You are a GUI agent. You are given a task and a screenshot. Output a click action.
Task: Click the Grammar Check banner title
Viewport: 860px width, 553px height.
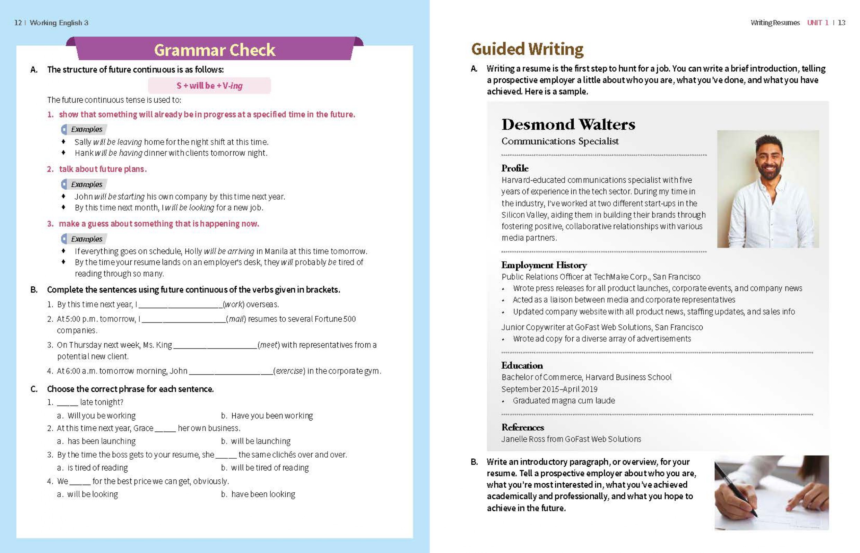point(215,50)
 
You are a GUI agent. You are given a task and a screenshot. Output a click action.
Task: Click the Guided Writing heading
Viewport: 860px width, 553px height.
point(527,49)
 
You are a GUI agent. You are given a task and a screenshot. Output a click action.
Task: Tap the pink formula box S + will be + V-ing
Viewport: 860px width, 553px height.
point(209,85)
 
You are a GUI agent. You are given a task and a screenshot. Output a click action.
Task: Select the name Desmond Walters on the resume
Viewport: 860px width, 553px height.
point(568,124)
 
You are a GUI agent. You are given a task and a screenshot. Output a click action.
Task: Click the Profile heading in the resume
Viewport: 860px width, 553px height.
point(515,168)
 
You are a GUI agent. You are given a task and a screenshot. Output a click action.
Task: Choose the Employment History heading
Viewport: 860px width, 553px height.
point(544,265)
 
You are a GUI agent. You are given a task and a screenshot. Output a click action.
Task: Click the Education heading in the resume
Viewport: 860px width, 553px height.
point(522,365)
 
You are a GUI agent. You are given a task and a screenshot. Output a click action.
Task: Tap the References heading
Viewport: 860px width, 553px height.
point(523,427)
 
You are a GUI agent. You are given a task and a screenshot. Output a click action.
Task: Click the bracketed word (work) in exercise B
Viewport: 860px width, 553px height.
point(234,304)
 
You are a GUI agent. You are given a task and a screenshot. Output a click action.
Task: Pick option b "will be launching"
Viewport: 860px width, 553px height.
point(261,441)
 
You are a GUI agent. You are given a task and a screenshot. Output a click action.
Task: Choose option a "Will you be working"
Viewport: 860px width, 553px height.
point(101,415)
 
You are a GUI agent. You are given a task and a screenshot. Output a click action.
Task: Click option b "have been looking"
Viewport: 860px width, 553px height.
point(263,494)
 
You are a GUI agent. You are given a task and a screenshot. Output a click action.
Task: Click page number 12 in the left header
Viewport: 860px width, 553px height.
point(18,23)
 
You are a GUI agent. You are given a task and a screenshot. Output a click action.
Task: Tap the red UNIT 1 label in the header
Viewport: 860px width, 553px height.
point(818,23)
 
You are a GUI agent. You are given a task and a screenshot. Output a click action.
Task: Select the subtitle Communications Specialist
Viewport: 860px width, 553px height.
point(560,141)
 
